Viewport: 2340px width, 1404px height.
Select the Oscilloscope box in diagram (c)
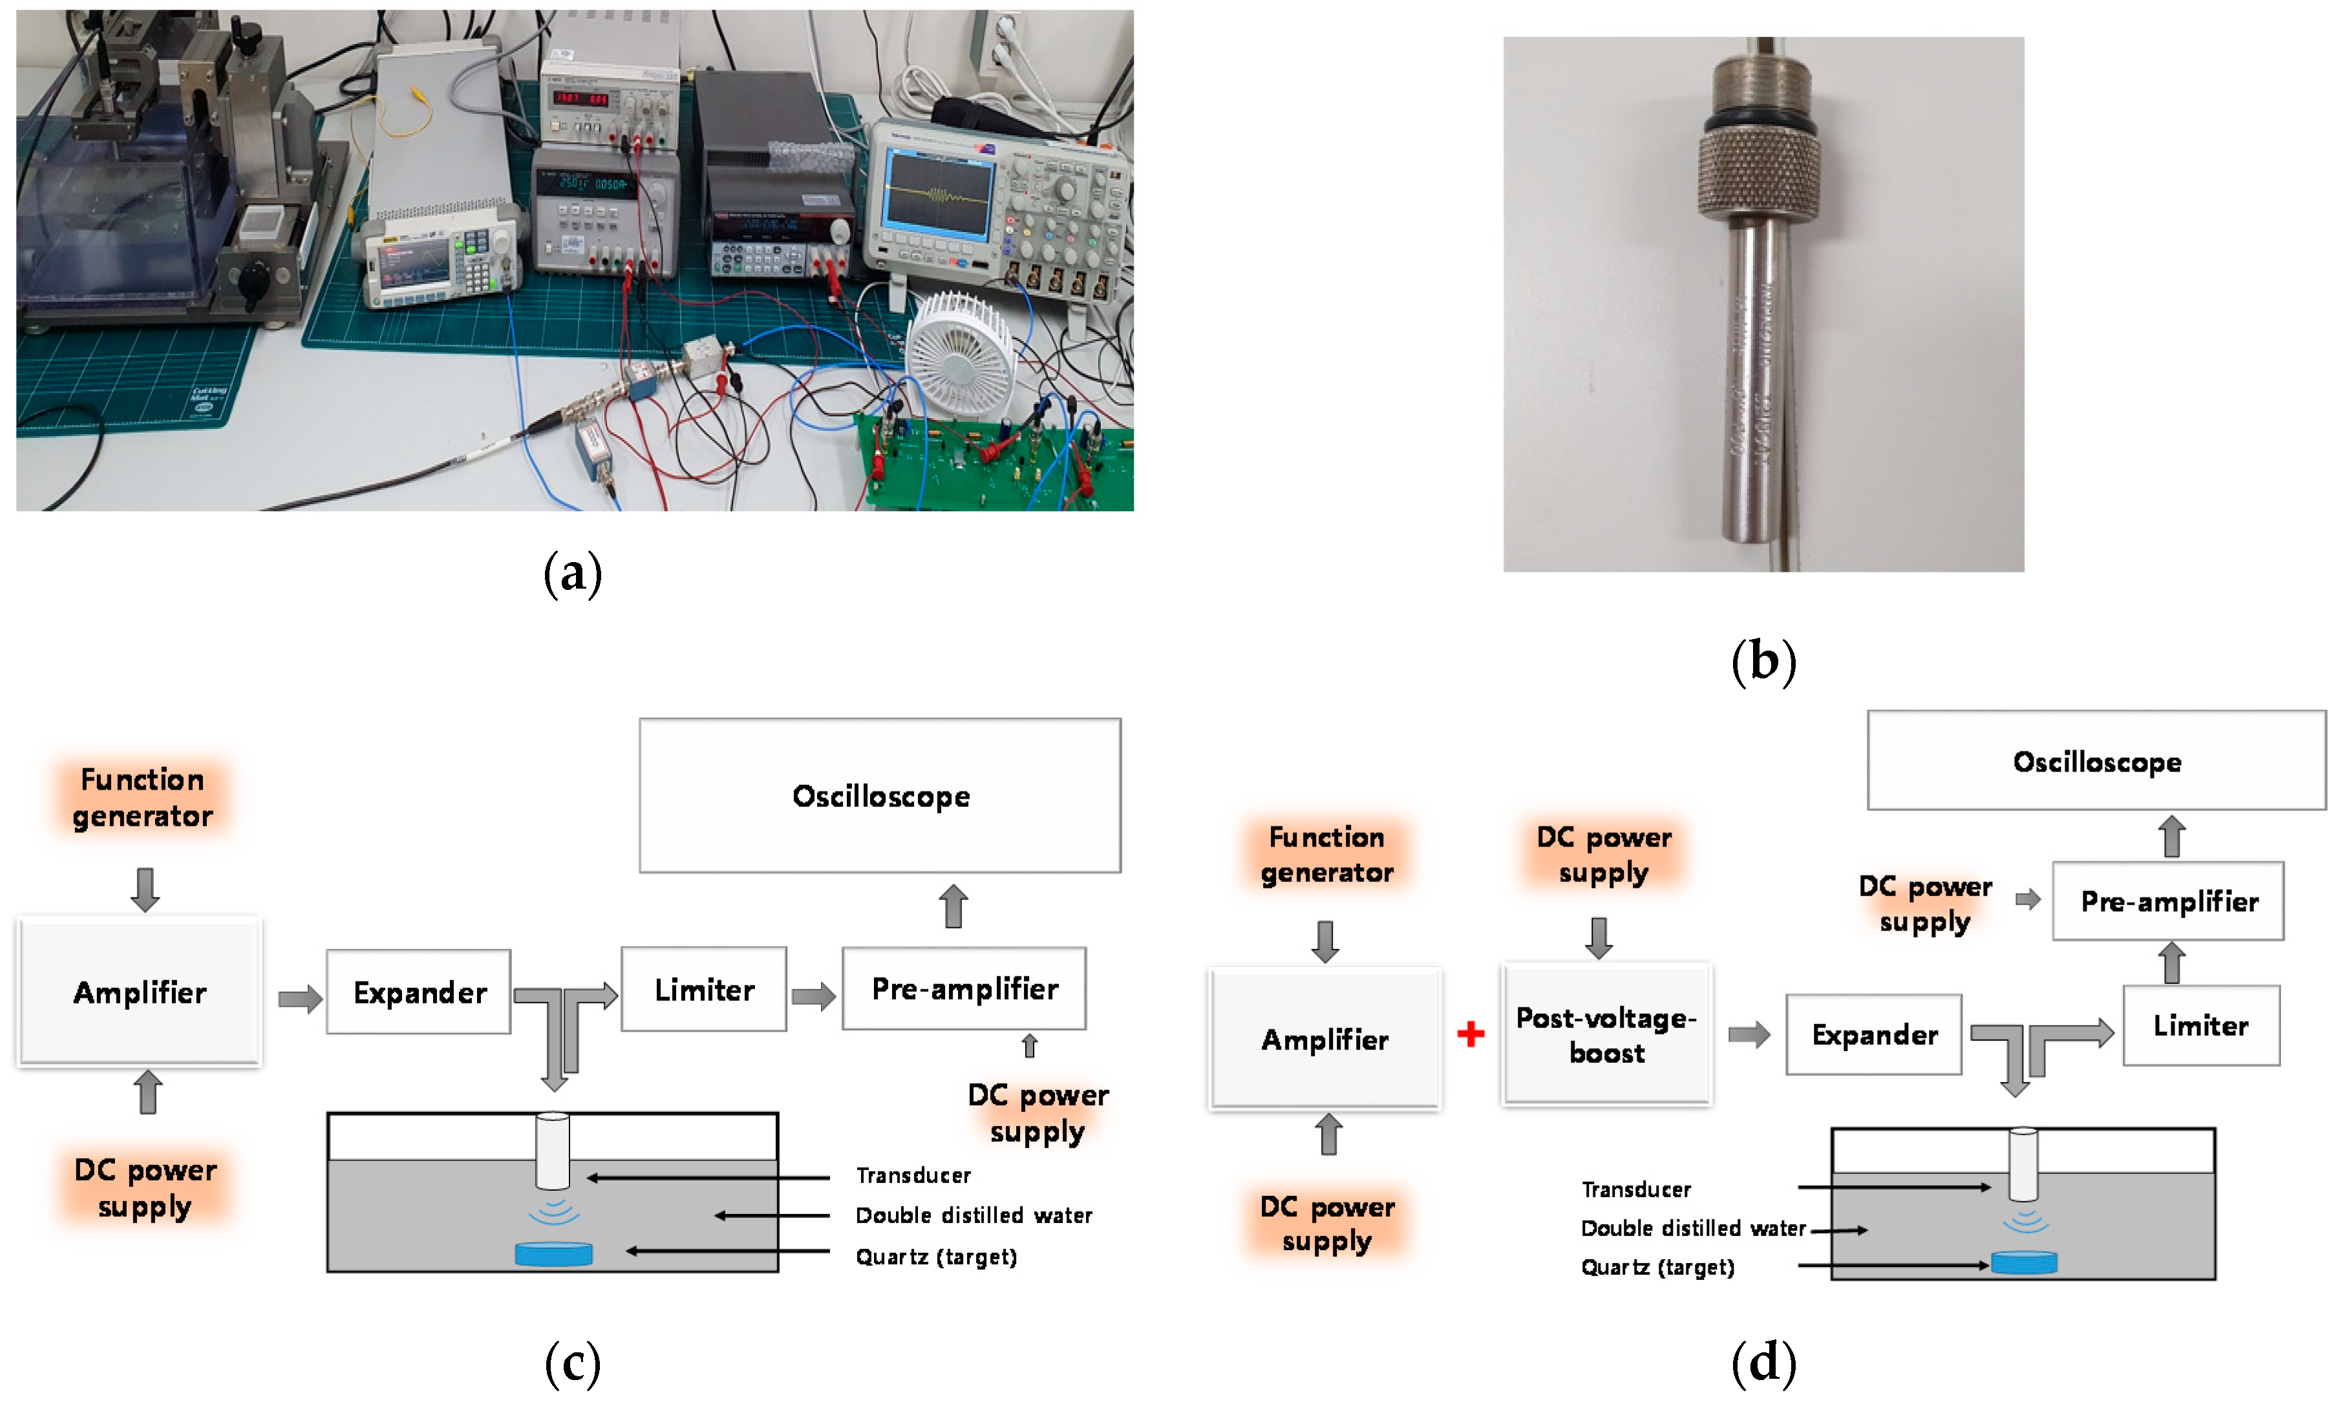[x=879, y=795]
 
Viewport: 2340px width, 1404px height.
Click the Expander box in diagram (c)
[x=418, y=992]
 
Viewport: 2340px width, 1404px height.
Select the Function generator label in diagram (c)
[x=142, y=797]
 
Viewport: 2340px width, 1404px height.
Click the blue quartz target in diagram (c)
[x=553, y=1253]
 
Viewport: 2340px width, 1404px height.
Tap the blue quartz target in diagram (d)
[x=2023, y=1262]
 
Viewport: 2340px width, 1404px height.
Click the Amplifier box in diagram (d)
[x=1324, y=1039]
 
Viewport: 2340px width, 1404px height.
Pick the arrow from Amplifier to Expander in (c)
[x=300, y=998]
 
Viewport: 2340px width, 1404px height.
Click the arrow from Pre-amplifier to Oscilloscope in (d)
[x=2171, y=836]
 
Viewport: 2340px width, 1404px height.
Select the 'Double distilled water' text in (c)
[x=973, y=1215]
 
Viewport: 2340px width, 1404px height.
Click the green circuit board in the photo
[x=994, y=464]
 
